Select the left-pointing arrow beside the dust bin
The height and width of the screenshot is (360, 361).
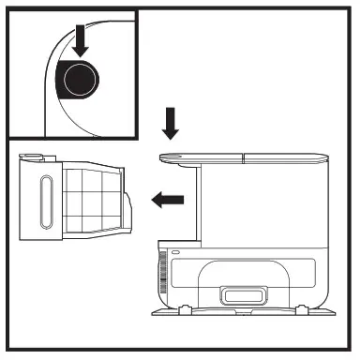(x=168, y=198)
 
